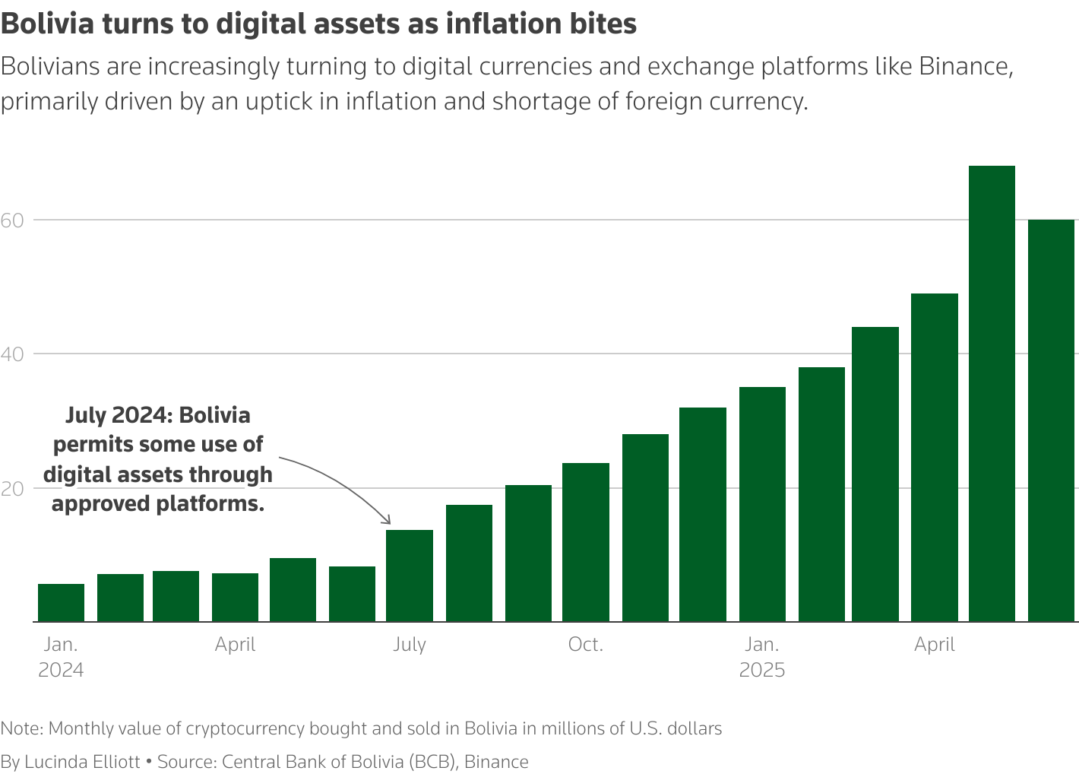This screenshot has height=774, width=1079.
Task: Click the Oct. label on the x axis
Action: point(586,645)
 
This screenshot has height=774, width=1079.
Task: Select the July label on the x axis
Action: point(410,645)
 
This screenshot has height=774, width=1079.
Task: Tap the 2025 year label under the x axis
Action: point(762,671)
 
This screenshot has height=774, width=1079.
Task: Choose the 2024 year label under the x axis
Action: point(61,671)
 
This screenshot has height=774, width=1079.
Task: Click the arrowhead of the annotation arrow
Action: point(388,522)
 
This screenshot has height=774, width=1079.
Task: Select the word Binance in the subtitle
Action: point(965,67)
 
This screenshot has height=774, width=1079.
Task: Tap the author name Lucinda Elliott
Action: point(82,762)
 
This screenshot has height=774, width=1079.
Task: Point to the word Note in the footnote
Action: point(21,729)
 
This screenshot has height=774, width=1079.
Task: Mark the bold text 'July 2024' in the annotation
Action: point(113,415)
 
